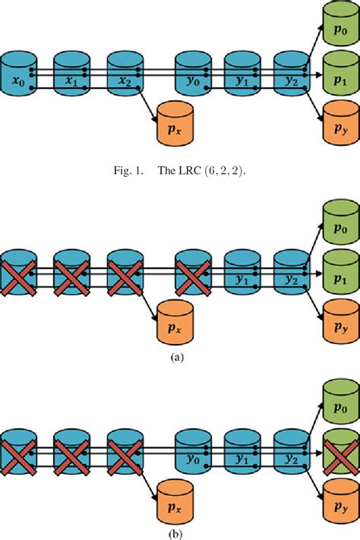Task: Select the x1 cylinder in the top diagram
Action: point(72,75)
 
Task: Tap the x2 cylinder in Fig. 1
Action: point(125,75)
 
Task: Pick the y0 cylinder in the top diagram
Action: point(193,75)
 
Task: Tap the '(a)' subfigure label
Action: point(179,355)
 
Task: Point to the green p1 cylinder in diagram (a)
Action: point(339,270)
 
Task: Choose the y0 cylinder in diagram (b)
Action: point(193,449)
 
